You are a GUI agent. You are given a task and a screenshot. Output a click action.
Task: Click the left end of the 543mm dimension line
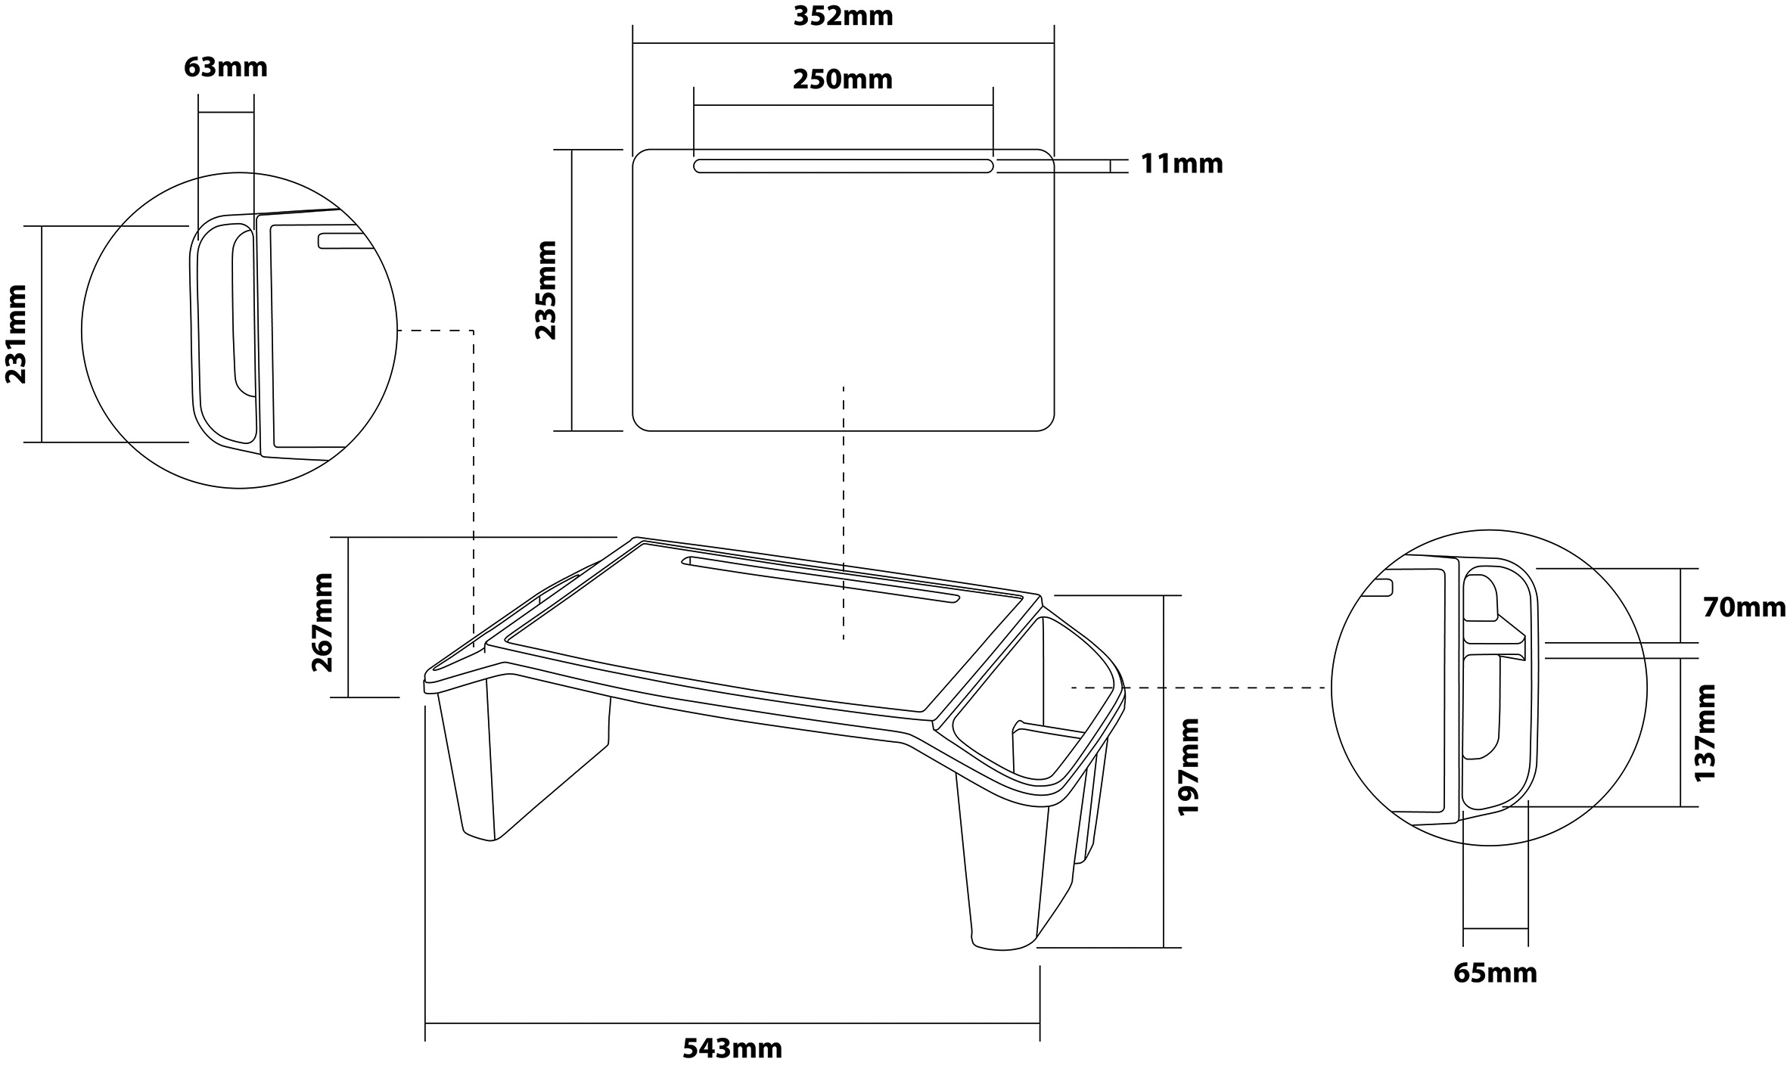pyautogui.click(x=426, y=1023)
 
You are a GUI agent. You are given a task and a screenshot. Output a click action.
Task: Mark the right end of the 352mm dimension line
pyautogui.click(x=1054, y=44)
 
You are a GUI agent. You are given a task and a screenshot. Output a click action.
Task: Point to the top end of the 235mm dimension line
pyautogui.click(x=572, y=150)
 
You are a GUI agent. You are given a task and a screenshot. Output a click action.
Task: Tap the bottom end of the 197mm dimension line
pyautogui.click(x=1163, y=947)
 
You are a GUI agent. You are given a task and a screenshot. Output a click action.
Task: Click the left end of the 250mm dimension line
pyautogui.click(x=695, y=106)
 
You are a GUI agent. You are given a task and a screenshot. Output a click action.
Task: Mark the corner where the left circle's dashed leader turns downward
pyautogui.click(x=474, y=331)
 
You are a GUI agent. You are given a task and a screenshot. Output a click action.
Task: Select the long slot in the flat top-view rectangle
pyautogui.click(x=844, y=166)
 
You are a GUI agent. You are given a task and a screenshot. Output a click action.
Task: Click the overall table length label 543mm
pyautogui.click(x=732, y=1048)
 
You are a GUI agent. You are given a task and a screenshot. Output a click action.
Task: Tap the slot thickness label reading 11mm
pyautogui.click(x=1182, y=164)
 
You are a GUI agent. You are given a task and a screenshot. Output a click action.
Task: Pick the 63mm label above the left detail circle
pyautogui.click(x=225, y=67)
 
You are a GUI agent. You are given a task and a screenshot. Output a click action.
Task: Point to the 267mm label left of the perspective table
pyautogui.click(x=322, y=623)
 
